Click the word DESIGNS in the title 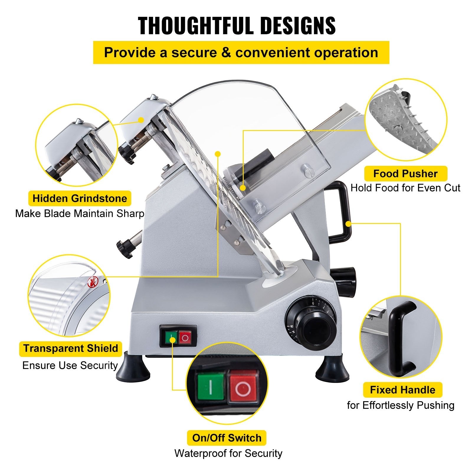298,26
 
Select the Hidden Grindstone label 80,198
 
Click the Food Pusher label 405,174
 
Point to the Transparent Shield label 71,348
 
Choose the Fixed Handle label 402,390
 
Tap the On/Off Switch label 227,438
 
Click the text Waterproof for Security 228,453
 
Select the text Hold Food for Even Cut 405,188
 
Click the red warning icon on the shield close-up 92,284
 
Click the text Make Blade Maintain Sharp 80,213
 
